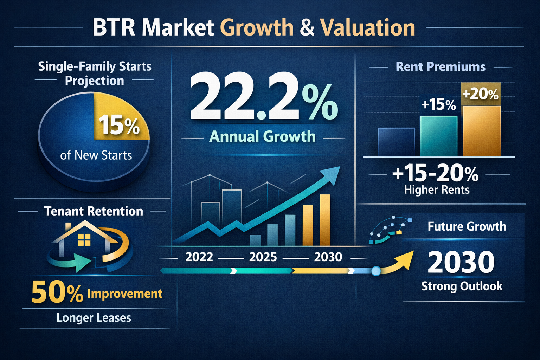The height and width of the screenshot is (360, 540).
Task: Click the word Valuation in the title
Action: point(368,28)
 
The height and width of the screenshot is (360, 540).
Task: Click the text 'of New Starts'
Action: point(96,155)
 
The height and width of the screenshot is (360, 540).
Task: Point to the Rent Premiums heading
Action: point(440,66)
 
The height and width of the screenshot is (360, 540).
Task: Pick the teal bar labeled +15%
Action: point(438,136)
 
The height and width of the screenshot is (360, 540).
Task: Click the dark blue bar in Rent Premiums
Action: point(396,142)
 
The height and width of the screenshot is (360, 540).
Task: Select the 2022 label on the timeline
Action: point(199,257)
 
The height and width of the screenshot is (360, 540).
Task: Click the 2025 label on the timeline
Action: point(263,257)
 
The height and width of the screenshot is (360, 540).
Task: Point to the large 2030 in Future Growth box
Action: point(461,262)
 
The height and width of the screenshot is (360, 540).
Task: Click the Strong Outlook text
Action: point(462,286)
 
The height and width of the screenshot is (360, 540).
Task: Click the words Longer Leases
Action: point(94,318)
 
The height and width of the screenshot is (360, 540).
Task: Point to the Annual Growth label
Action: point(262,136)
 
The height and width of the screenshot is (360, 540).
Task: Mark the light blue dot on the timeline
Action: point(376,271)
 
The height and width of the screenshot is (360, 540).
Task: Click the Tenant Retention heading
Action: point(94,211)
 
